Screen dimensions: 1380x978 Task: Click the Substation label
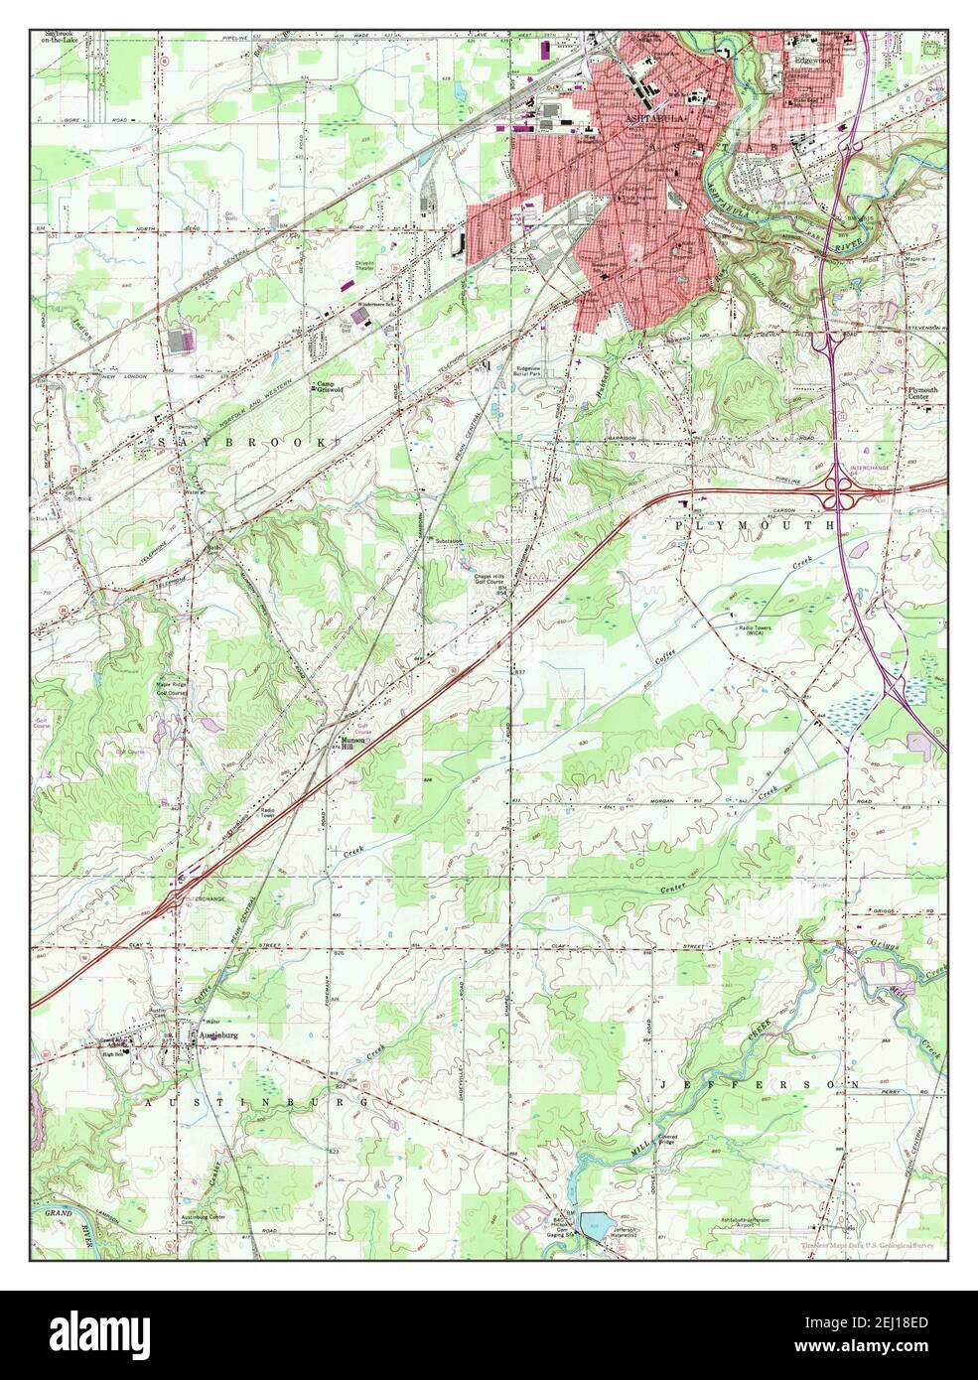coord(448,541)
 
